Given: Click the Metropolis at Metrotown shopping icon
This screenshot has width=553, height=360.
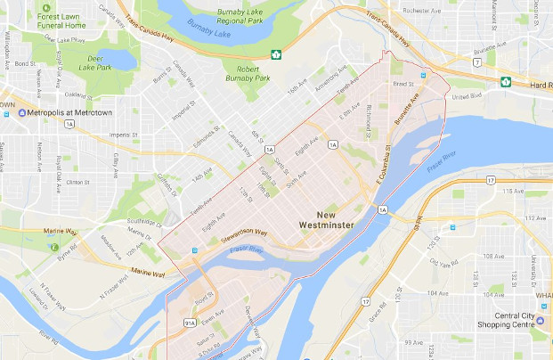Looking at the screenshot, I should coord(23,113).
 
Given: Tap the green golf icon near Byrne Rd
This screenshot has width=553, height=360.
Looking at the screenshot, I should coord(55,247).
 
